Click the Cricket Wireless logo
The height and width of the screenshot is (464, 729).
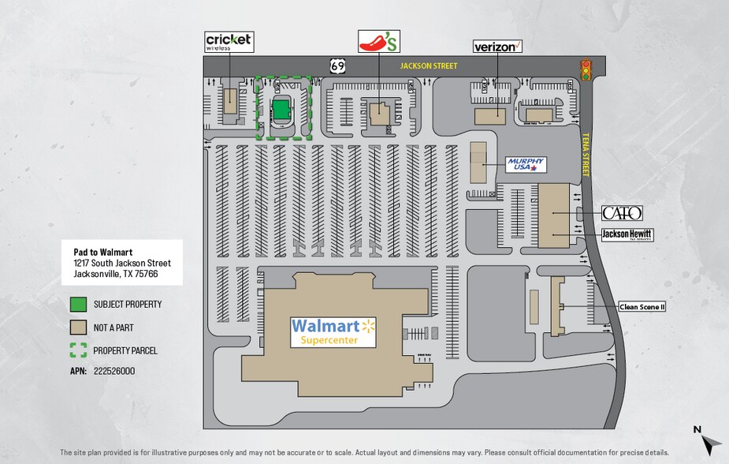(x=229, y=41)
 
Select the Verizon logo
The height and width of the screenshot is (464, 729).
(x=497, y=47)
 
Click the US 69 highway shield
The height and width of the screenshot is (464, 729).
(x=337, y=66)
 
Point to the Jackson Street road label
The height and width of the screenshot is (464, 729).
(x=428, y=67)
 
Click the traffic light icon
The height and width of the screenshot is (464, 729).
(x=586, y=70)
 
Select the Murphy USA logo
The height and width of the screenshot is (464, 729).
(x=526, y=164)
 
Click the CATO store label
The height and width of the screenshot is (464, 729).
(x=622, y=213)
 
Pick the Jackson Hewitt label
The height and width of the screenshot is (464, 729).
(x=627, y=234)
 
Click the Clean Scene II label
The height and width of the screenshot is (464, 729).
(x=642, y=307)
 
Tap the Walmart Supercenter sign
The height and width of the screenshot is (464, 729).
(x=334, y=331)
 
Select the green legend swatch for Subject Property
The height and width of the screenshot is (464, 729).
(x=77, y=304)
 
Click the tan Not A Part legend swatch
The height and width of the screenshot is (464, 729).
(x=77, y=327)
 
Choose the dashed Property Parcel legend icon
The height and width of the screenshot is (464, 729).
(x=77, y=350)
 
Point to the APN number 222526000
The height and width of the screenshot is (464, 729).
(x=114, y=370)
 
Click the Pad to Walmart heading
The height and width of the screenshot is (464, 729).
(x=97, y=252)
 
